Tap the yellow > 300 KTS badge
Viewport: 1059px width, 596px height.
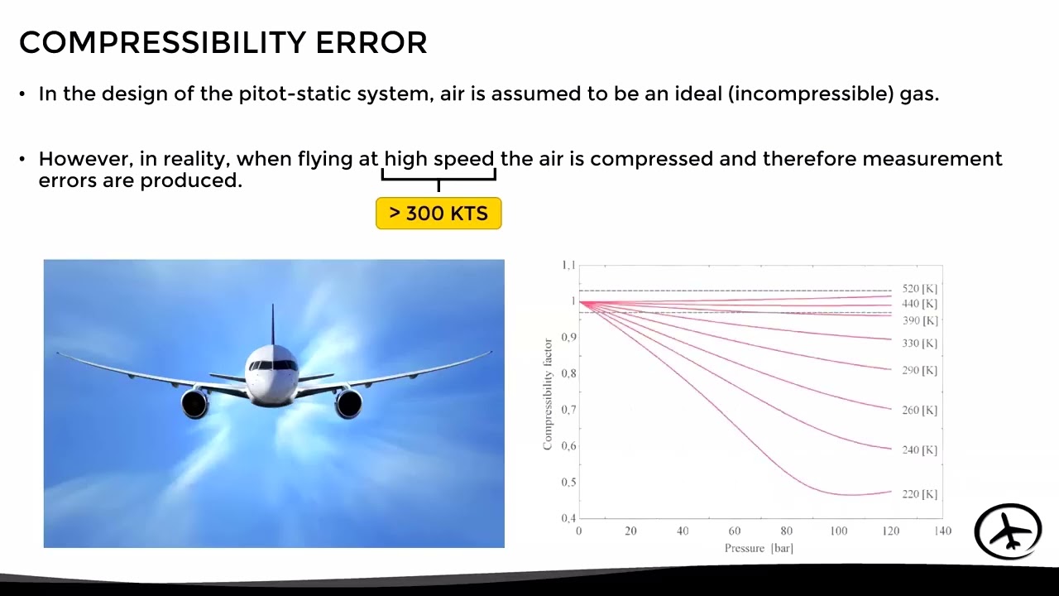coord(438,214)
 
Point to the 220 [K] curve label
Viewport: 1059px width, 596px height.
coord(919,494)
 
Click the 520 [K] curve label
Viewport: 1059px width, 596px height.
coord(919,289)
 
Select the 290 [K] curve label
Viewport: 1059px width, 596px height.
coord(919,370)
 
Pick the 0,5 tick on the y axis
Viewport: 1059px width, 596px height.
coord(568,482)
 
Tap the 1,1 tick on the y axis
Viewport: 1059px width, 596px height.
coord(568,266)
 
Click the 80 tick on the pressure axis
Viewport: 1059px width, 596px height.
coord(786,531)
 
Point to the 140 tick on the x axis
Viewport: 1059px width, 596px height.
coord(942,531)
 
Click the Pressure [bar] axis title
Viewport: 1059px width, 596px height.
coord(759,548)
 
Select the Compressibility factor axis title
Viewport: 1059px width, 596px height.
coord(548,394)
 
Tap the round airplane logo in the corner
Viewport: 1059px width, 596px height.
coord(1008,531)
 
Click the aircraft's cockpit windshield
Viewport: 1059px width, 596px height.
coord(273,365)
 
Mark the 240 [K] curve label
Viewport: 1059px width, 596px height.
coord(919,450)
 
